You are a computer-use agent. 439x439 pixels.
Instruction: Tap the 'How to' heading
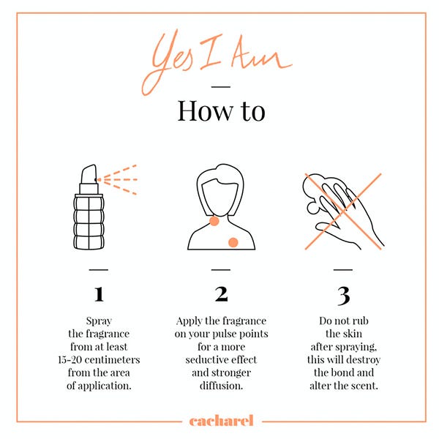click(x=221, y=111)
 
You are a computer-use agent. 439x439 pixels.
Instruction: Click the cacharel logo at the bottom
click(x=221, y=421)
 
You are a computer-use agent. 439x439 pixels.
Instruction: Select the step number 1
click(x=99, y=294)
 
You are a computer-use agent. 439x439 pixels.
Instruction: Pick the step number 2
click(x=221, y=294)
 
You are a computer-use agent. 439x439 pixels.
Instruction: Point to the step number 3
click(x=344, y=296)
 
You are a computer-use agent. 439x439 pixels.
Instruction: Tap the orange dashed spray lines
click(x=118, y=179)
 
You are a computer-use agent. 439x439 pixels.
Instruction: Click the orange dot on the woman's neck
click(x=214, y=221)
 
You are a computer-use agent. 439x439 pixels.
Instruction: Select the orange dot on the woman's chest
click(x=233, y=242)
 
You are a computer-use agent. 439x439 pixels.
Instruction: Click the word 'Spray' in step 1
click(x=99, y=321)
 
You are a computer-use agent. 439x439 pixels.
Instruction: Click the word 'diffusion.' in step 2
click(x=221, y=386)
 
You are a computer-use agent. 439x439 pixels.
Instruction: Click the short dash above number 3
click(x=343, y=270)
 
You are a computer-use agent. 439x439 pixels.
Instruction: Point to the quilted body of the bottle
click(x=89, y=222)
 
